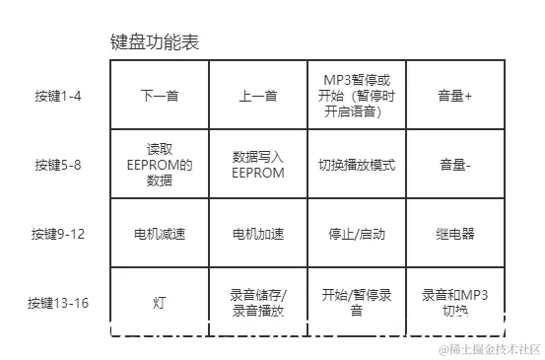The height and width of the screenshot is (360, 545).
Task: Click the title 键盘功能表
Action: click(x=158, y=43)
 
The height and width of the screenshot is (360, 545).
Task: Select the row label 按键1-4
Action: click(x=59, y=96)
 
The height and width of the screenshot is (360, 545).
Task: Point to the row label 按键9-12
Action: click(x=59, y=234)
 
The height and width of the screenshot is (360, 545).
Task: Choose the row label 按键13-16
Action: click(x=59, y=303)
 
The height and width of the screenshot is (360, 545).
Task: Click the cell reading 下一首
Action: click(x=159, y=96)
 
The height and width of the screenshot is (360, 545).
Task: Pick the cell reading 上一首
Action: click(x=258, y=96)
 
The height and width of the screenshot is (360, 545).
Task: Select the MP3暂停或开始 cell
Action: click(x=357, y=96)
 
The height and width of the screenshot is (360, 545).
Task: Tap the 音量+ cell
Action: click(x=455, y=96)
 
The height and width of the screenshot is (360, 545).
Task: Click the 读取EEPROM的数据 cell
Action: click(x=159, y=165)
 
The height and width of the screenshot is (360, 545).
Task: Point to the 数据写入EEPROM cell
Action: click(x=258, y=165)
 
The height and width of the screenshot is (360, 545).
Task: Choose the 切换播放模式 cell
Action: click(x=357, y=165)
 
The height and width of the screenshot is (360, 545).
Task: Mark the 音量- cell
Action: click(x=455, y=165)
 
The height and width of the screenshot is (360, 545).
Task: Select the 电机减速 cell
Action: click(x=159, y=235)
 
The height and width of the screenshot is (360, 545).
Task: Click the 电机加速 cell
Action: click(x=258, y=235)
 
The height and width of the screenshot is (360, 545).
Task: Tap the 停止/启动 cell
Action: click(x=357, y=235)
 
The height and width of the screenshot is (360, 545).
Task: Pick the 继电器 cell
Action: click(x=455, y=235)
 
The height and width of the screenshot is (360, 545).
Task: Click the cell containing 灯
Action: click(x=159, y=303)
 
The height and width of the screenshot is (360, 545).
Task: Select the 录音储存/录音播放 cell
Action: click(x=258, y=303)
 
